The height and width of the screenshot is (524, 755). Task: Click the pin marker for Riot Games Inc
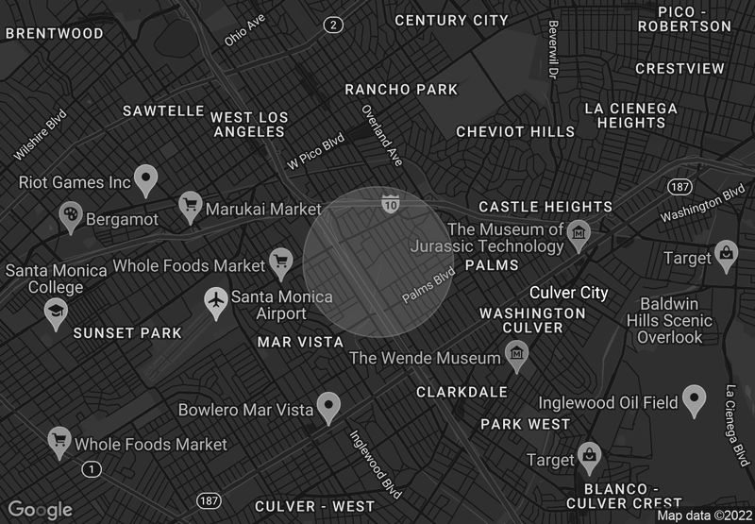click(144, 178)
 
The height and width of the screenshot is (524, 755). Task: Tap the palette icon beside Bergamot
click(71, 216)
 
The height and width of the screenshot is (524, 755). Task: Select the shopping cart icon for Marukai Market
click(191, 206)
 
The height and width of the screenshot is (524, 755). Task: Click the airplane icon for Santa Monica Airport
click(217, 302)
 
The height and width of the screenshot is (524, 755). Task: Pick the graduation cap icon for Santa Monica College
click(56, 312)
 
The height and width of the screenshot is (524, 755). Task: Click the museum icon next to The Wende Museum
click(516, 356)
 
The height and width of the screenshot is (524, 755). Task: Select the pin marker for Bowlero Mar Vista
click(327, 407)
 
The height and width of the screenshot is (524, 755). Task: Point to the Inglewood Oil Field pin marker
click(695, 400)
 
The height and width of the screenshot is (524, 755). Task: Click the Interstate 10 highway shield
click(391, 203)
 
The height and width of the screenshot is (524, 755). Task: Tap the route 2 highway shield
click(332, 25)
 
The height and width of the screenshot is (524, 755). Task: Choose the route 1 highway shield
click(91, 468)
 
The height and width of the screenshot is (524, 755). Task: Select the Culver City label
click(568, 293)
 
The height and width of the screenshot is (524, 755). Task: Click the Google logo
click(41, 509)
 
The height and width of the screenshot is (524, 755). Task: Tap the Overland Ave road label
click(382, 135)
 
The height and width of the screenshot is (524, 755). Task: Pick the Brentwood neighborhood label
click(55, 33)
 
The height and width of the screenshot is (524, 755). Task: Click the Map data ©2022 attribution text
click(704, 516)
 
